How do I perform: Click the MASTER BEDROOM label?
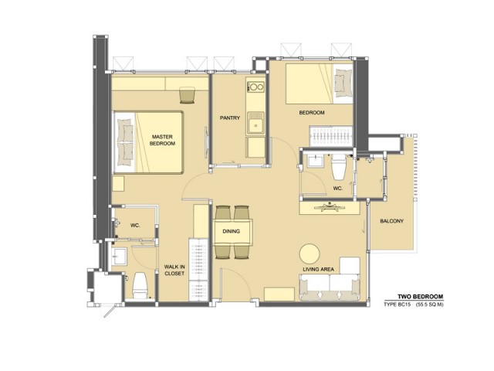[162, 140]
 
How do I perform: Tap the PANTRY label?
[230, 117]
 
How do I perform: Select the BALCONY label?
[391, 221]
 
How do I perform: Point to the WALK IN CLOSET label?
[174, 270]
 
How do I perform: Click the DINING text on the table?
[232, 231]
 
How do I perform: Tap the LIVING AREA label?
[318, 269]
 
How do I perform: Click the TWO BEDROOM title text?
[420, 297]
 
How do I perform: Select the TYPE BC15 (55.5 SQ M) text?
[414, 305]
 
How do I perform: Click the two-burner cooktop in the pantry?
[255, 87]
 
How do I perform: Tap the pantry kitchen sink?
[255, 123]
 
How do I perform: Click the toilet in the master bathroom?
[140, 285]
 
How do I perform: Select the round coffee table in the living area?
[310, 254]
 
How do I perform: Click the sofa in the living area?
[330, 287]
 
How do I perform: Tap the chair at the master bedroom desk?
[188, 95]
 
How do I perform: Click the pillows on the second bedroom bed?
[343, 83]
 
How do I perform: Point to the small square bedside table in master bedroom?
[118, 184]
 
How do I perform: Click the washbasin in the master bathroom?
[119, 256]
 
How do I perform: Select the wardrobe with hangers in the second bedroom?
[331, 136]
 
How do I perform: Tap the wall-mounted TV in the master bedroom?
[207, 142]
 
